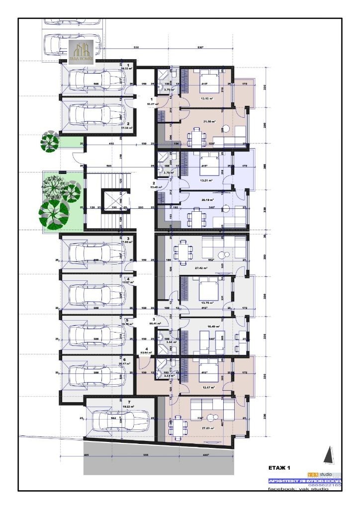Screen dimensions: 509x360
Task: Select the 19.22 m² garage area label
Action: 128,406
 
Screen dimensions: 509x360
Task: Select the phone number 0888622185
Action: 326,486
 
